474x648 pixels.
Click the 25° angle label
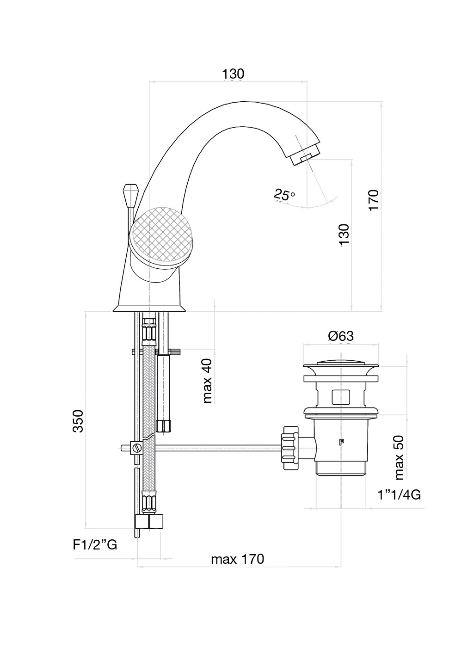(x=284, y=195)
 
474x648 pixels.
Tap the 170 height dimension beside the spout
(x=374, y=200)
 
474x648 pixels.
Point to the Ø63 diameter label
(x=341, y=336)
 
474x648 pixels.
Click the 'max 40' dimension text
(x=207, y=381)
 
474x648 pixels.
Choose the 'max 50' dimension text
(x=399, y=457)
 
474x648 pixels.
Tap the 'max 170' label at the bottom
(x=237, y=559)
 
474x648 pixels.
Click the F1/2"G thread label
(x=95, y=545)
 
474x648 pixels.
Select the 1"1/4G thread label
(x=399, y=495)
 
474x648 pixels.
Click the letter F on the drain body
(x=341, y=442)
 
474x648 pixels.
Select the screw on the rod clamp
(x=137, y=447)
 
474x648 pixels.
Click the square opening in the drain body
(x=341, y=396)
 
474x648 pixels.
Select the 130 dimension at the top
(x=233, y=74)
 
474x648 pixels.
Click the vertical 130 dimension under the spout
(x=344, y=235)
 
